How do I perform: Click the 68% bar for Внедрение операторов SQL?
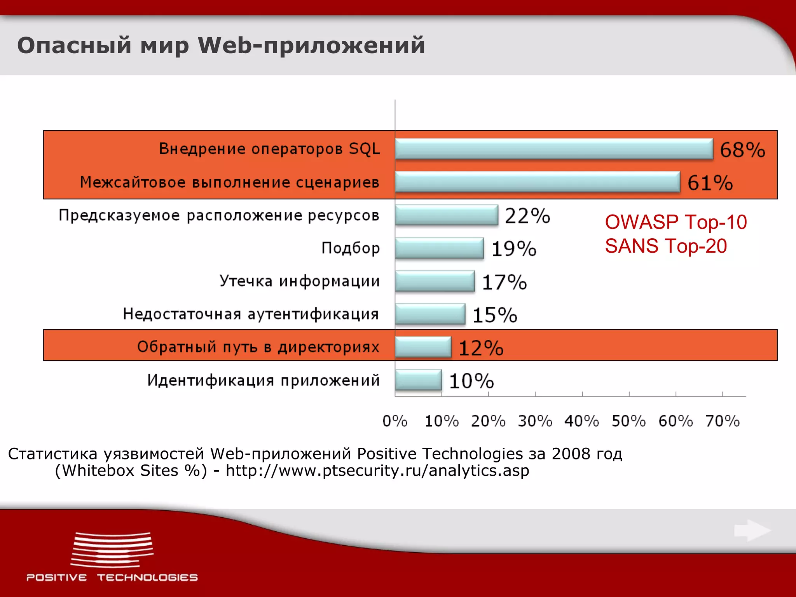coord(554,149)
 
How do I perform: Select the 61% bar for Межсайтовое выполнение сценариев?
coord(538,182)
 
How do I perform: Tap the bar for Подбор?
coord(439,248)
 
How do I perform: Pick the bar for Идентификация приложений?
coord(418,380)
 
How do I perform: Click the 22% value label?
coord(527,216)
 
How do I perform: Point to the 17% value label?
coord(504,282)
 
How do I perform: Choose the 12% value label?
coord(481,348)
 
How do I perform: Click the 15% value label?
coord(495,315)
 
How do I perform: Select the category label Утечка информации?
coord(299,281)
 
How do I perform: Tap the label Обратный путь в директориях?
coord(258,347)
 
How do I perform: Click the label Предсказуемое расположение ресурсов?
coord(219,215)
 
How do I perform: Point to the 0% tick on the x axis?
coord(395,421)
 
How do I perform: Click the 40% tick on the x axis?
coord(582,421)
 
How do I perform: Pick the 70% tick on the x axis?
coord(723,421)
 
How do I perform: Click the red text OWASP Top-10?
coord(676,222)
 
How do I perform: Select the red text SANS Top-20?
coord(666,246)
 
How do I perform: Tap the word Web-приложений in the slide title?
coord(311,45)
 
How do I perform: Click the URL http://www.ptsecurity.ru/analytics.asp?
coord(377,471)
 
